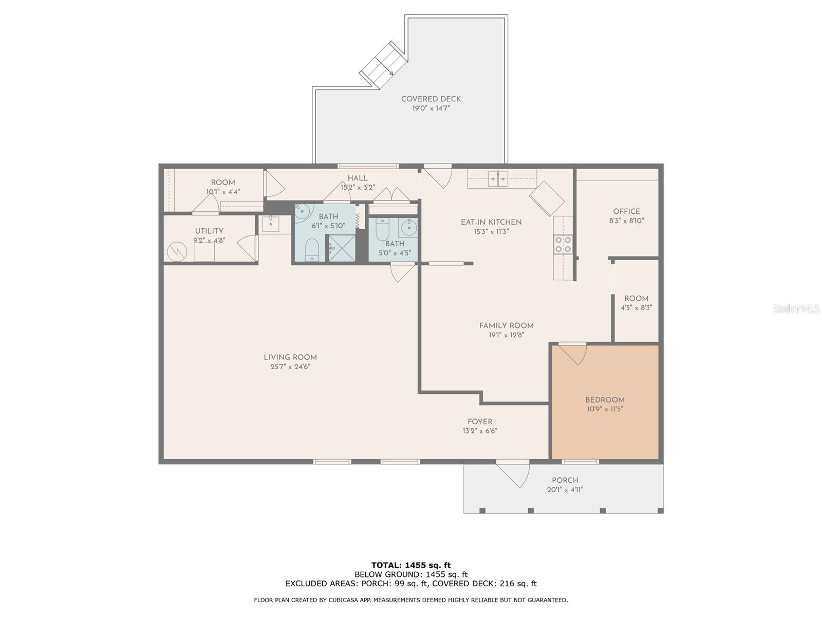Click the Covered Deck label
click(431, 99)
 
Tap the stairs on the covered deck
click(383, 65)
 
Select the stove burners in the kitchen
click(563, 244)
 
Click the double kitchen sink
click(498, 179)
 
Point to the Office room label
click(626, 211)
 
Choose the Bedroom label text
click(605, 400)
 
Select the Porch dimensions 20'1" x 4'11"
click(565, 489)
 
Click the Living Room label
click(290, 357)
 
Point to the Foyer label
click(480, 422)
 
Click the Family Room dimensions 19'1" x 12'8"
click(506, 335)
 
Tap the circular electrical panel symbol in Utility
click(177, 252)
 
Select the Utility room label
click(209, 231)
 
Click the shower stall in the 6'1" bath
click(342, 248)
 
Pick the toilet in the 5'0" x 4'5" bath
click(382, 229)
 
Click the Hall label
click(357, 178)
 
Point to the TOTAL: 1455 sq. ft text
click(411, 565)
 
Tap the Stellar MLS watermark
click(796, 308)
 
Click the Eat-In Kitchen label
click(491, 222)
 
